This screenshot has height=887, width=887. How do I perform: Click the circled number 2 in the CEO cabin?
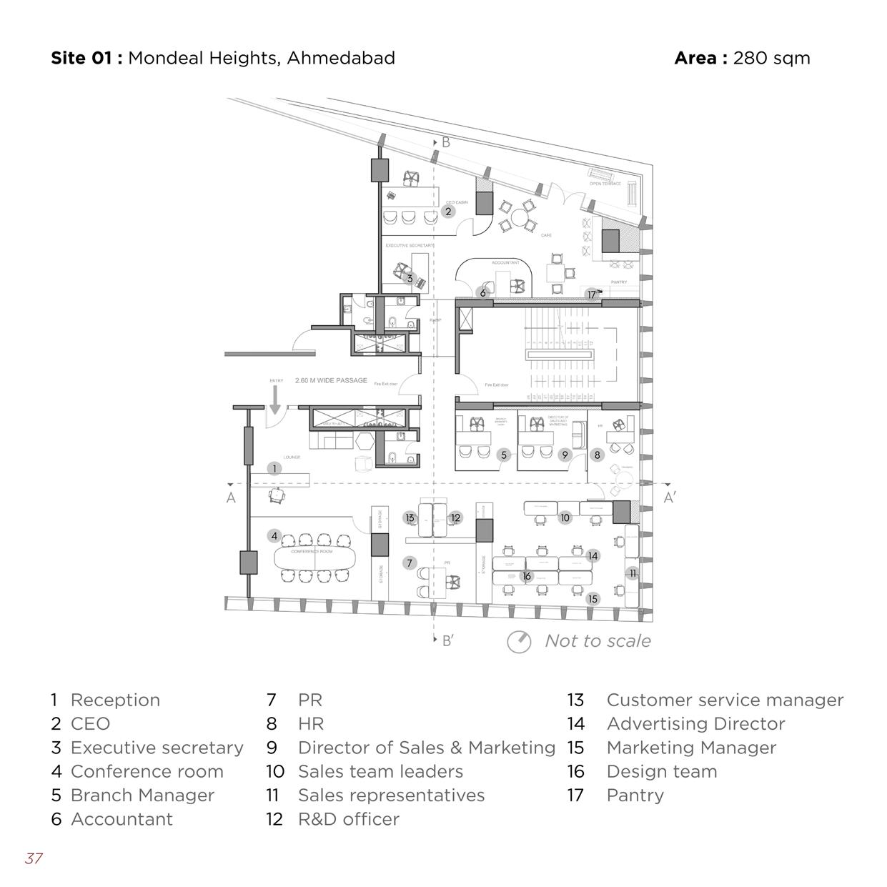pos(448,212)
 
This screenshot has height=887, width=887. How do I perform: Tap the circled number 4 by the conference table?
pos(274,535)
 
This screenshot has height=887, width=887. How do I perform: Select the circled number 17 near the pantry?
pos(592,294)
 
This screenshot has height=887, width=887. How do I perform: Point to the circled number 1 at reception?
pos(274,469)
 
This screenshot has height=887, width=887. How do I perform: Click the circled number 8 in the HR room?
pos(598,455)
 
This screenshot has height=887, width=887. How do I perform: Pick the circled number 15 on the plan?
pos(593,599)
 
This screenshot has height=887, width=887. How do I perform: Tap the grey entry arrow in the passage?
pos(275,403)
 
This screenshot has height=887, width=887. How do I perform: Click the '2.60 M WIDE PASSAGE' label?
pos(331,381)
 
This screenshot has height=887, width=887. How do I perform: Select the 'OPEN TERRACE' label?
pos(605,184)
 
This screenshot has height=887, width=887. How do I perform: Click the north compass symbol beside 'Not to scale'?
pos(519,642)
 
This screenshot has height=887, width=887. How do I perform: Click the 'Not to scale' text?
pos(598,641)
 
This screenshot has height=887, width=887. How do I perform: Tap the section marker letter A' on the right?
pos(669,497)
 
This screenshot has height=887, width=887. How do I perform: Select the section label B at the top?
pos(446,142)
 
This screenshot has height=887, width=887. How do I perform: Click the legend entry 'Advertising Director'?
pos(695,724)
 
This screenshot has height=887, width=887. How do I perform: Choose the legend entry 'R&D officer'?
pos(348,819)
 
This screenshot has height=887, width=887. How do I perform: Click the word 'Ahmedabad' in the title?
pos(341,58)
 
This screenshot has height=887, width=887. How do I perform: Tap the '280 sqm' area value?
pos(771,58)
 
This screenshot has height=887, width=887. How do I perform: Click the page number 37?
pos(34,858)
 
